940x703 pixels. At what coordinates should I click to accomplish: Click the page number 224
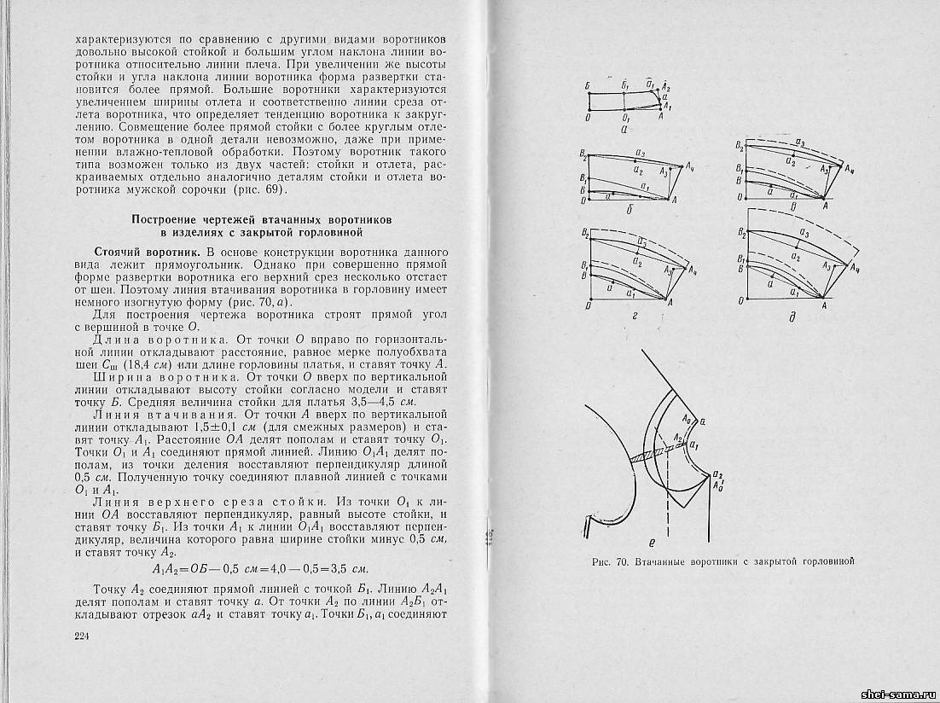tap(82, 636)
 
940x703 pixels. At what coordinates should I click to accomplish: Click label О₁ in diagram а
tap(626, 119)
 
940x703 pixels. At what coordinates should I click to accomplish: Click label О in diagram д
tap(740, 302)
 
